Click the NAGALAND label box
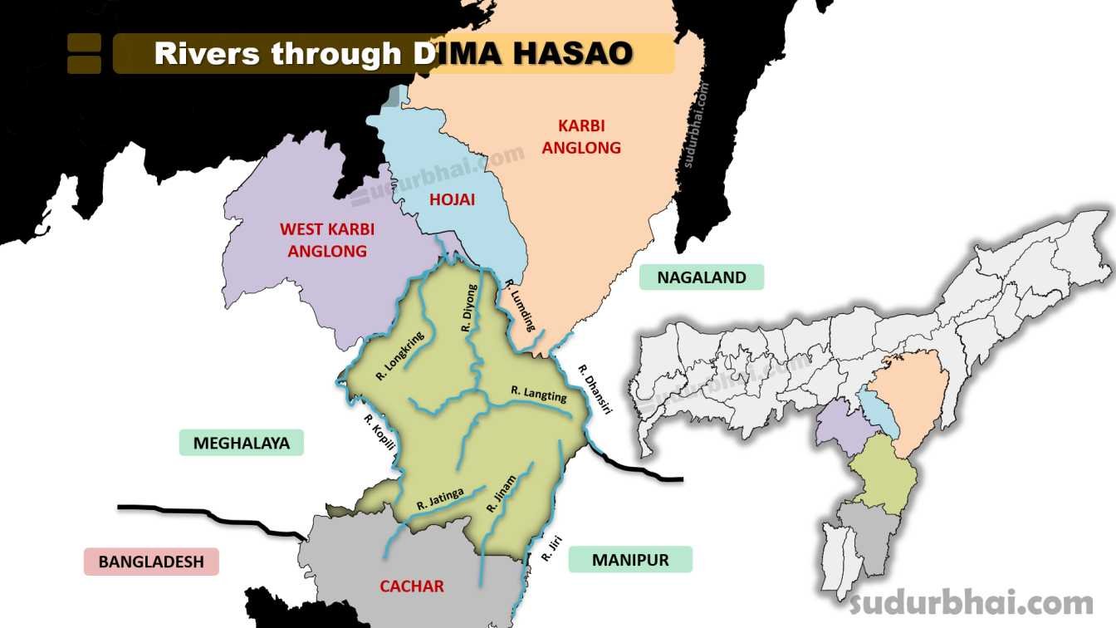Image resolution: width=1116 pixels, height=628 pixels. click(702, 277)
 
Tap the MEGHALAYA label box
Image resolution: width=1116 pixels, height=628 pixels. click(242, 443)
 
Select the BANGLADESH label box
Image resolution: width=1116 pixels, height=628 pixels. click(151, 562)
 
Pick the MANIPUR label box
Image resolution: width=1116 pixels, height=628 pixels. click(630, 560)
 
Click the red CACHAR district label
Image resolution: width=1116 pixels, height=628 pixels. click(412, 586)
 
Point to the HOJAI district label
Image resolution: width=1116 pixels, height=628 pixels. click(452, 199)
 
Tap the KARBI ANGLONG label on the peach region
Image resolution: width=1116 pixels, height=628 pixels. click(589, 137)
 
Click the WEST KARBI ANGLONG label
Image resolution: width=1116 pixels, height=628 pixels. click(327, 239)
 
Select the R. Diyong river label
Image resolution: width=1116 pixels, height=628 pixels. click(470, 308)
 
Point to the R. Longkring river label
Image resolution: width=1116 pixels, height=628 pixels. click(399, 356)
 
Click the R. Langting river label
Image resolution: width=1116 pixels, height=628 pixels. click(539, 393)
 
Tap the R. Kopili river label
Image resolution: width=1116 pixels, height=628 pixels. click(378, 433)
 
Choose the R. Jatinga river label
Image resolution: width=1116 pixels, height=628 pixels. click(440, 498)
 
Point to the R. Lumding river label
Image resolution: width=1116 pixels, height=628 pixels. click(521, 306)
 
